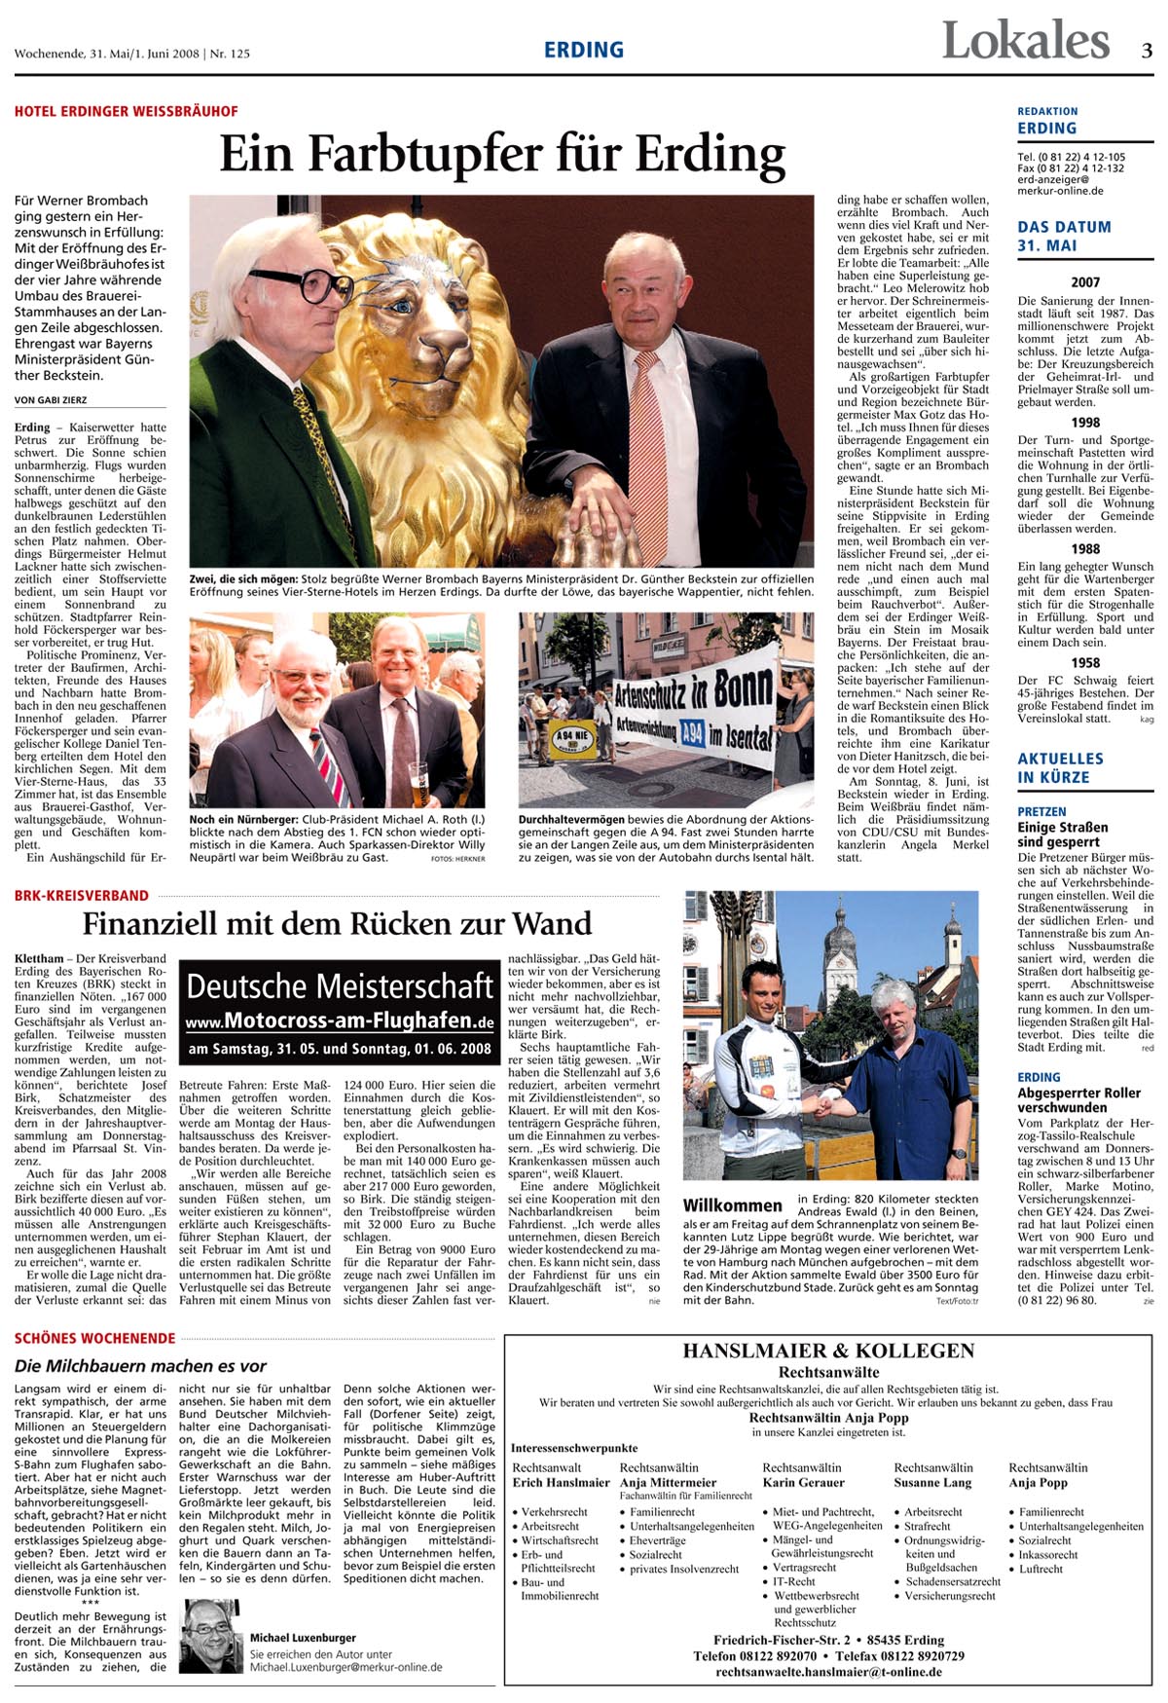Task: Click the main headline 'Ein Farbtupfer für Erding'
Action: coord(501,153)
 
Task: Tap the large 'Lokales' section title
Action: coord(1025,42)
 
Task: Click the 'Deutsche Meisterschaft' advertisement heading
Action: coord(340,986)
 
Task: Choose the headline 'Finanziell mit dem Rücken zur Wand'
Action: coord(337,923)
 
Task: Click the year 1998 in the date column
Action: coord(1085,423)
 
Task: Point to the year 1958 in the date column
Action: coord(1085,663)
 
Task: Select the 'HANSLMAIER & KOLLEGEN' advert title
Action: coord(827,1351)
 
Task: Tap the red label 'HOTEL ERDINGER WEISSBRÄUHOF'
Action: coord(126,112)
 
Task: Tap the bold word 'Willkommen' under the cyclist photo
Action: coord(732,1205)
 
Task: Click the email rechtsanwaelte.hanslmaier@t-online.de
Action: coord(827,1672)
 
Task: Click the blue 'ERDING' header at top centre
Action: coord(583,51)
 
